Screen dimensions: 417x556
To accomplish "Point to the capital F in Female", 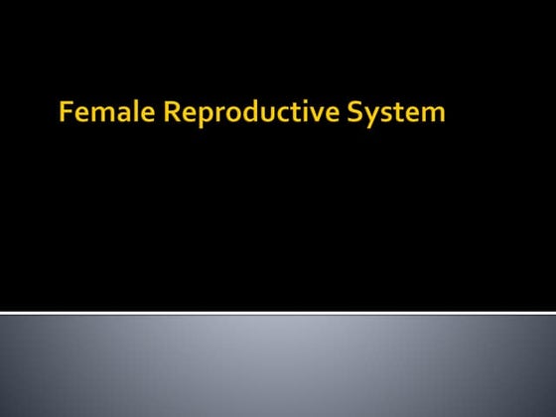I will click(x=66, y=113).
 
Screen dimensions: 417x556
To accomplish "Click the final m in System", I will click(x=433, y=115).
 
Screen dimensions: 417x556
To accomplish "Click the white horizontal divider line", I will click(x=278, y=314).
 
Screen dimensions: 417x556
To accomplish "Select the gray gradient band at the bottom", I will click(x=278, y=367).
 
